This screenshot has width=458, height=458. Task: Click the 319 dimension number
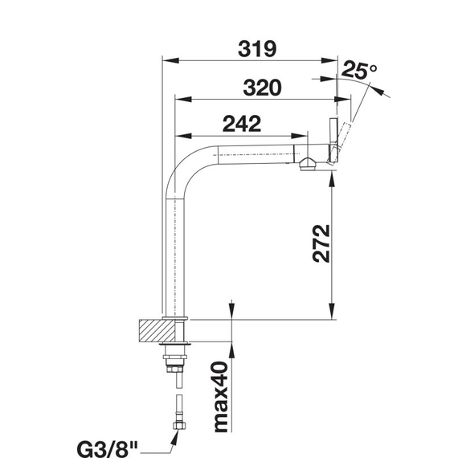click(257, 49)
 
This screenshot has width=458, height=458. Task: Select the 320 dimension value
click(262, 88)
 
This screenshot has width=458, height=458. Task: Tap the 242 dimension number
click(242, 124)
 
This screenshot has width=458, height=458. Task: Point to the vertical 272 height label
click(321, 243)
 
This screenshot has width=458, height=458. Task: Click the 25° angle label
click(359, 70)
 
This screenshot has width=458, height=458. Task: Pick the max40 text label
click(221, 397)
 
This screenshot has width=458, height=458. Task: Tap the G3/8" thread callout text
click(107, 449)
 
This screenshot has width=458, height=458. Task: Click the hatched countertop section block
click(157, 331)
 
